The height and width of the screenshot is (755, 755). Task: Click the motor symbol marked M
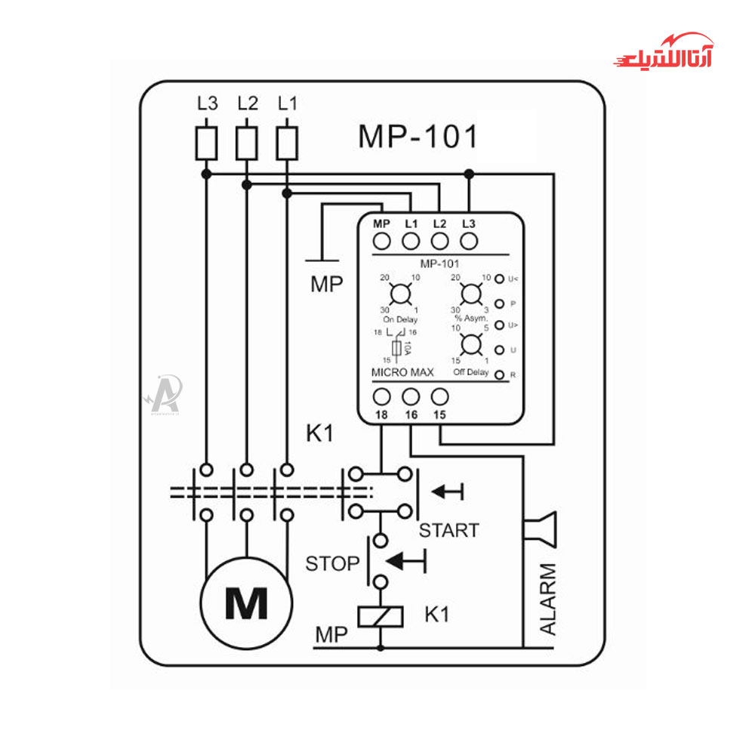246,602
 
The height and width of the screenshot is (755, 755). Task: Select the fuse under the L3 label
206,143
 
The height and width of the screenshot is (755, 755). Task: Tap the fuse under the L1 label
286,143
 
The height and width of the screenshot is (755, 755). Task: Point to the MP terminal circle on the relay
382,241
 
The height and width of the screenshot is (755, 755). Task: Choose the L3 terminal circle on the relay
469,241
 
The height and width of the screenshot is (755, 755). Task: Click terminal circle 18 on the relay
382,396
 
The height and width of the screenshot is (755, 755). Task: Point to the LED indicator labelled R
498,374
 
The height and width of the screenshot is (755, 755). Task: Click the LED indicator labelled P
498,303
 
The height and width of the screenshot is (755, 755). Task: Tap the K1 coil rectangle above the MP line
380,616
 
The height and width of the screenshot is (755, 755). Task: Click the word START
448,531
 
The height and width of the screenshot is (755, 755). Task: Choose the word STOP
332,564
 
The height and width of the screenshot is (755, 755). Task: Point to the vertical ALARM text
548,599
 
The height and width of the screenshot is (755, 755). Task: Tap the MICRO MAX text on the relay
402,373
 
